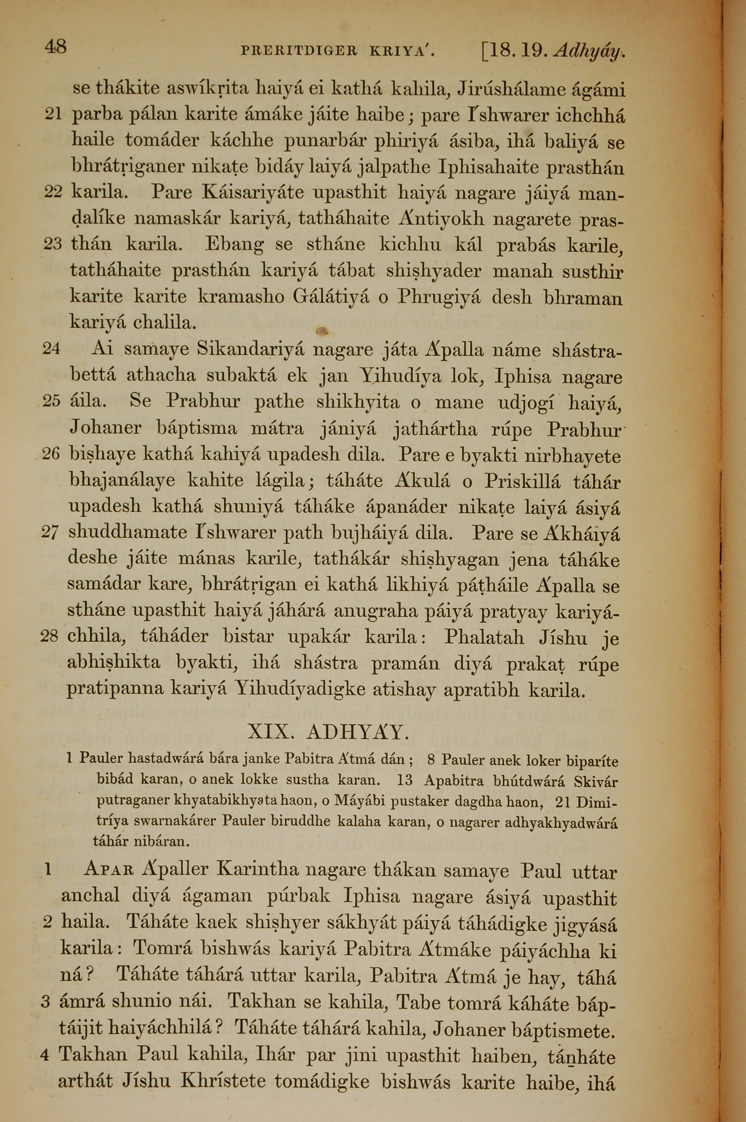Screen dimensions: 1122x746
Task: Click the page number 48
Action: point(55,47)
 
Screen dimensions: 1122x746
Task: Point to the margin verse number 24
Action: point(51,349)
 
